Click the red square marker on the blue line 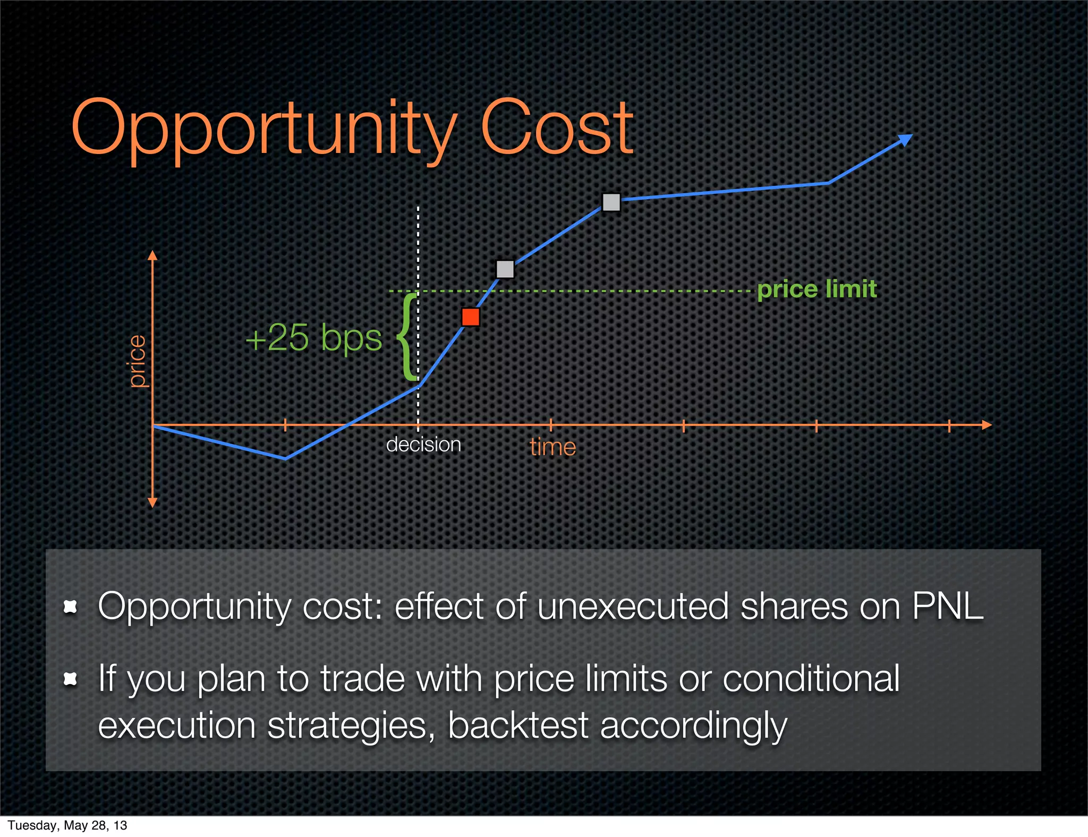(x=471, y=317)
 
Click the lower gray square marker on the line (x=505, y=269)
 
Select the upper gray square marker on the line (x=611, y=202)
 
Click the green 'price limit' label (x=817, y=289)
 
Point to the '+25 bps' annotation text (x=313, y=338)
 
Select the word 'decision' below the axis (x=423, y=445)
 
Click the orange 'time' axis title (x=552, y=447)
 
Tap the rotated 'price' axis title (x=137, y=361)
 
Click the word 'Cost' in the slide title (x=556, y=129)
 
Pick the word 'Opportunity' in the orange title (x=264, y=129)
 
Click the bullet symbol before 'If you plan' (x=70, y=679)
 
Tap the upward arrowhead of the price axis (x=152, y=255)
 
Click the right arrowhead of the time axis (x=987, y=425)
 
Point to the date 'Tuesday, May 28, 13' (x=67, y=825)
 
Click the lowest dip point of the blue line (x=285, y=459)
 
